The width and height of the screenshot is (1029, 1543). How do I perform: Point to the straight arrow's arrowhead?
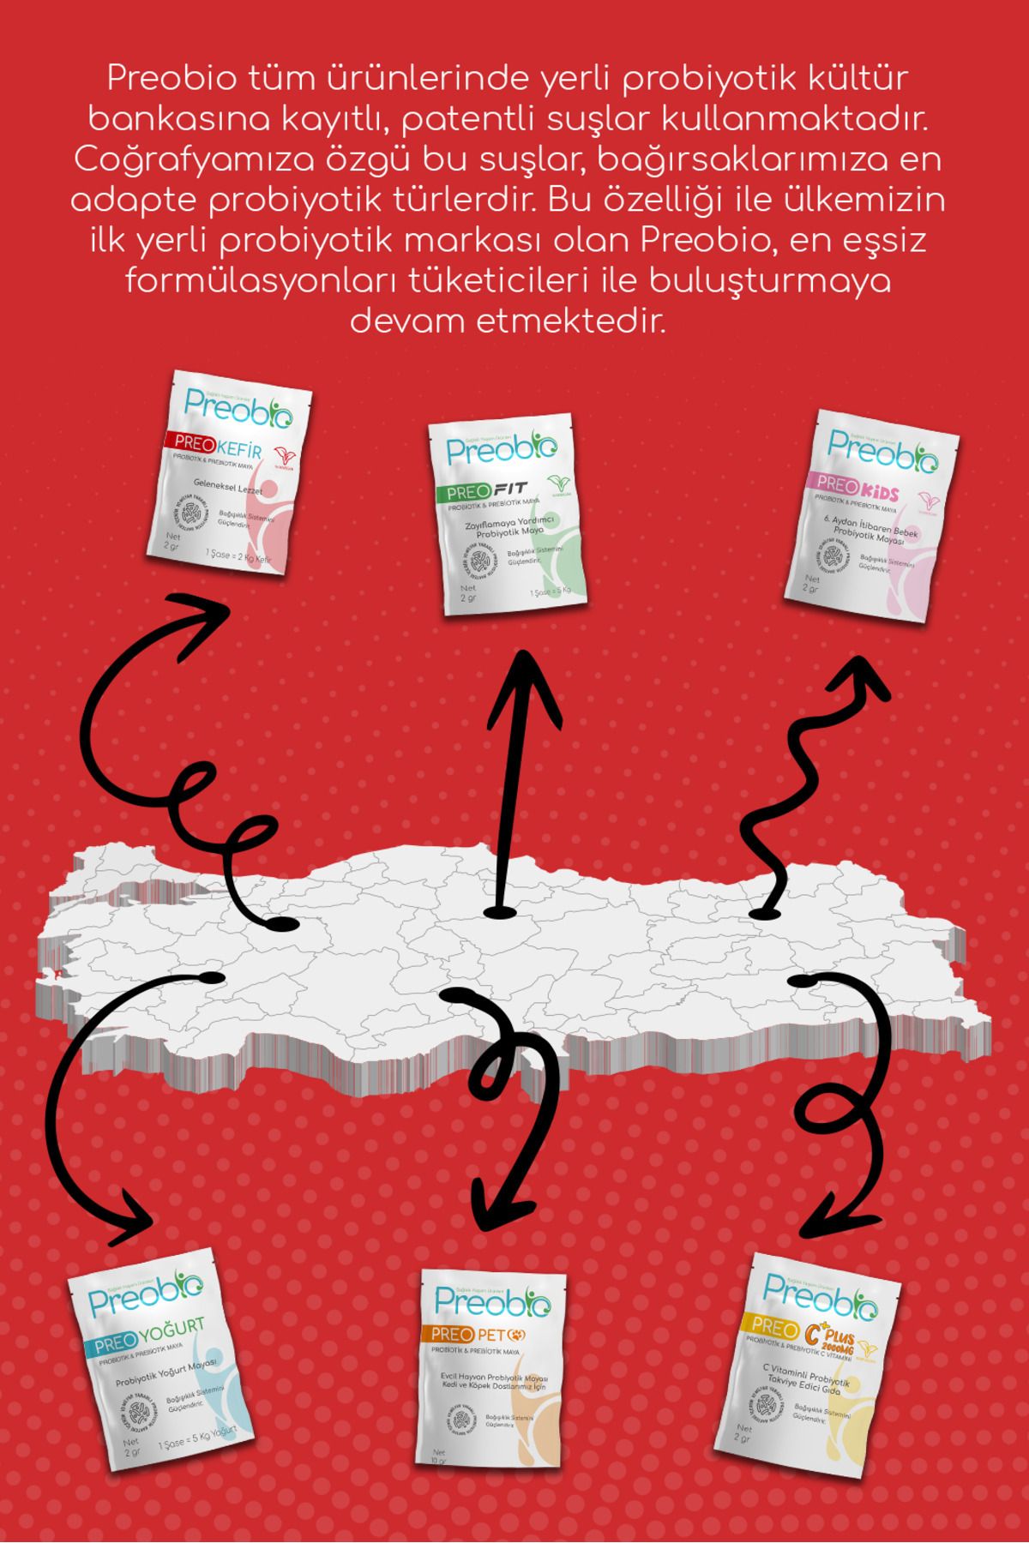(525, 677)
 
